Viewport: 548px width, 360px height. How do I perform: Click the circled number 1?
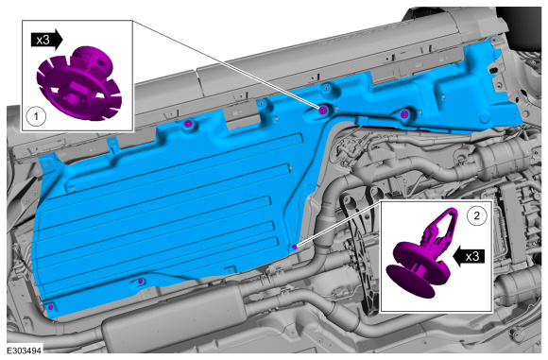tap(36, 116)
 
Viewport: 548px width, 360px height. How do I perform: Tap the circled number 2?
tap(477, 215)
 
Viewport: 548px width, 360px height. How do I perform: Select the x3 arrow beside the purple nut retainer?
tap(47, 40)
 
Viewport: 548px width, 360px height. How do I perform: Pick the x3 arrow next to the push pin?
tap(469, 257)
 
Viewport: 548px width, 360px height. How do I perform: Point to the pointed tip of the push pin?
tap(453, 211)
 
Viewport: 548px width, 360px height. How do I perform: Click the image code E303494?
tap(25, 351)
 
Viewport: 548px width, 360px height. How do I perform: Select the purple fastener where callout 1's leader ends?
tap(323, 111)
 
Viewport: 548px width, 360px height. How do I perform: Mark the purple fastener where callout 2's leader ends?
tap(295, 247)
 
